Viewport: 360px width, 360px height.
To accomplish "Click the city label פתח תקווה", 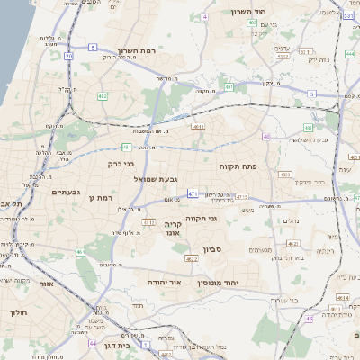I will click(238, 166).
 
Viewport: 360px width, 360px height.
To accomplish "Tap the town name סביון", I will click(212, 249).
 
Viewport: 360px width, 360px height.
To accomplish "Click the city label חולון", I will click(20, 312).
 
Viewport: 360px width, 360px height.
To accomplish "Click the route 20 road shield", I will click(69, 56).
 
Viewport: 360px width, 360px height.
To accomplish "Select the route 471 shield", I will click(193, 193).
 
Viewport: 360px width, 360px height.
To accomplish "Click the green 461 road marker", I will click(81, 252).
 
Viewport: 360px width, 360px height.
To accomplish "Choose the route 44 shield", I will click(93, 343).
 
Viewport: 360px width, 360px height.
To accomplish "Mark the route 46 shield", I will click(309, 319).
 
